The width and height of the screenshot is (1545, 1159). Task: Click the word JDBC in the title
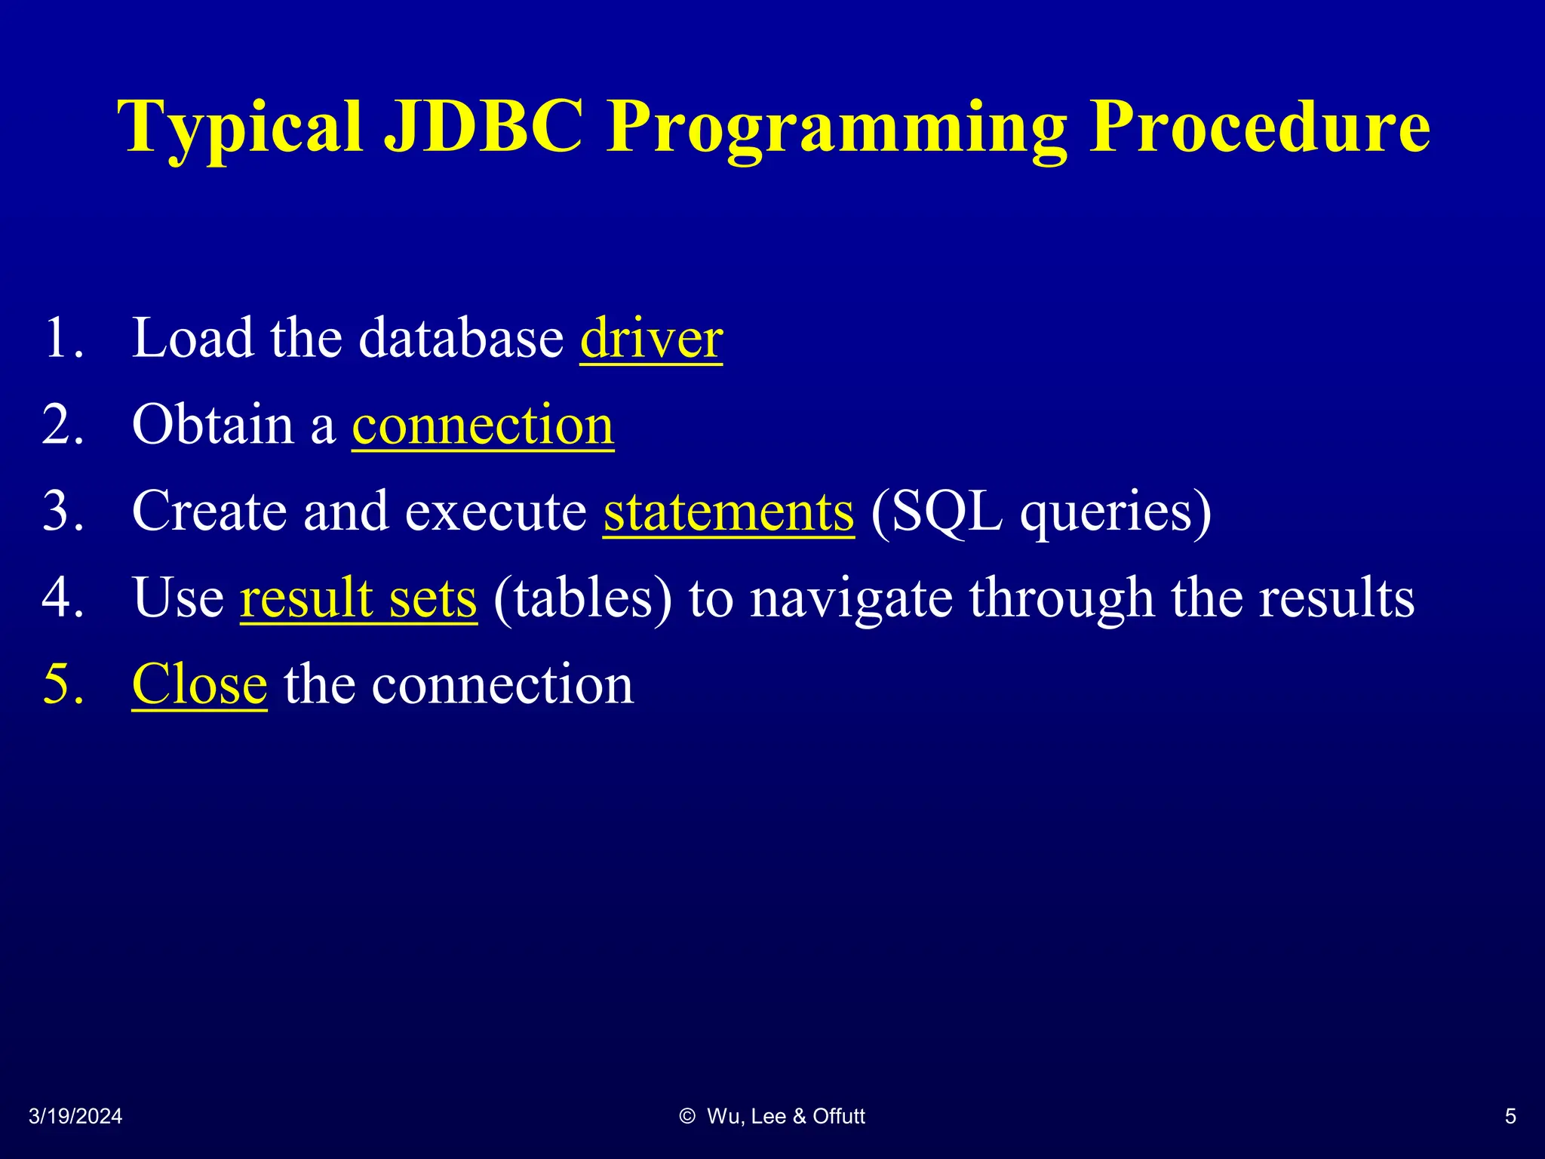pos(483,126)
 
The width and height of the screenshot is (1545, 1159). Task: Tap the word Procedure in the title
pos(1259,126)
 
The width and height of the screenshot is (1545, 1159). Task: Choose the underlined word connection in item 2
pos(483,425)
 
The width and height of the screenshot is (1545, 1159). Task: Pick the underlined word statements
pos(728,512)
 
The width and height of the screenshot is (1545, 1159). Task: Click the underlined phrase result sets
pos(358,598)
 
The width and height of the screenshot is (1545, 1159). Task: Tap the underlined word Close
pos(199,684)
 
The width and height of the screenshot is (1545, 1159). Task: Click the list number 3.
pos(63,512)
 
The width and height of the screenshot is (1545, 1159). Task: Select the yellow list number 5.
pos(63,684)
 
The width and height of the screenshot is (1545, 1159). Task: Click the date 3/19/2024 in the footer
pos(75,1117)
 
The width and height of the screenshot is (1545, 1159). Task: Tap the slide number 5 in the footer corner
pos(1510,1117)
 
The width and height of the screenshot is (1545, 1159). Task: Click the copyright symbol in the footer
pos(686,1117)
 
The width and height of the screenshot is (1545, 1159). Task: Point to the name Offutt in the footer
pos(839,1117)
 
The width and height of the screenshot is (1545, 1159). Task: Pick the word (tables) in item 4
pos(582,598)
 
